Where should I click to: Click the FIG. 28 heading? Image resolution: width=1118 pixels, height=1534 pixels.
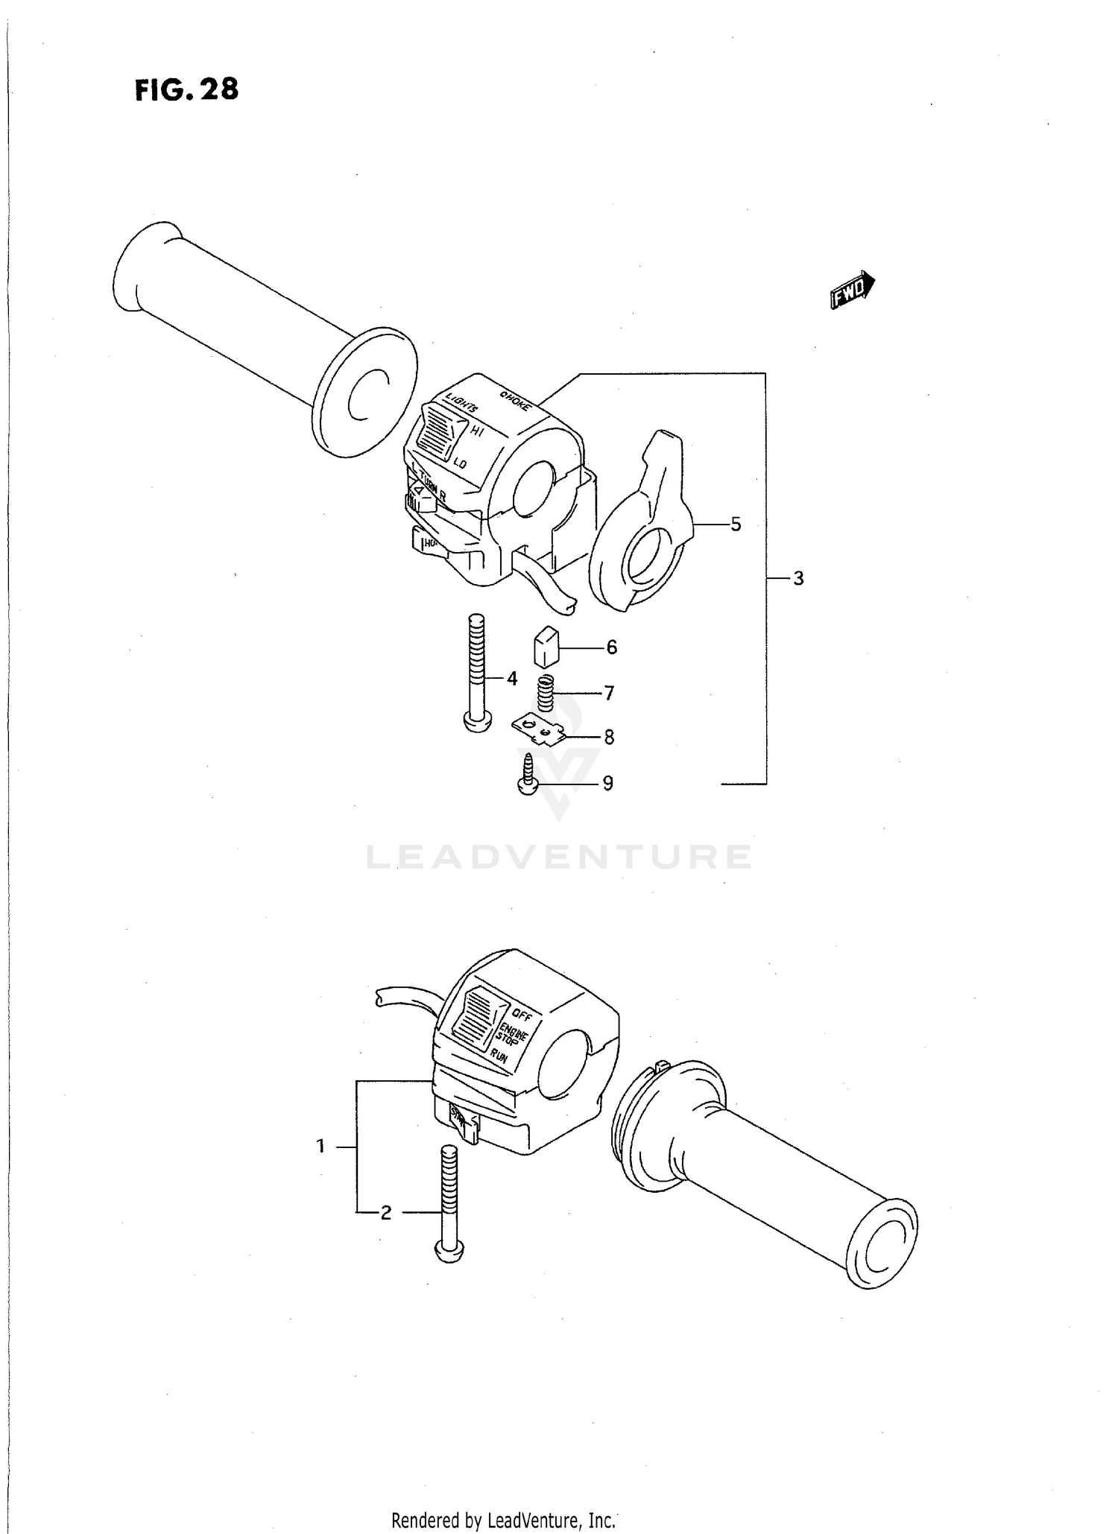pos(187,89)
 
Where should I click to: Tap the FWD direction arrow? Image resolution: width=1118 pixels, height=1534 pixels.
pos(852,289)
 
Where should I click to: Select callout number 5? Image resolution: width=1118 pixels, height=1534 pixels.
pos(736,524)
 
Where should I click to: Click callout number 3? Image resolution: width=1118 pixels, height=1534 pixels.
pos(798,578)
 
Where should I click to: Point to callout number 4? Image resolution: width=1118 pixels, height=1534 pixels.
pos(512,679)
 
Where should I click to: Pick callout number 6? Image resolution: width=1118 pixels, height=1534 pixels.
pos(611,647)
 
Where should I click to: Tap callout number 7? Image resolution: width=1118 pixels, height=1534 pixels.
pos(609,694)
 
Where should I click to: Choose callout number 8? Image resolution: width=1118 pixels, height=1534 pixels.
pos(609,738)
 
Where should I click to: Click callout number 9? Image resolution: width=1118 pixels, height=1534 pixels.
pos(607,783)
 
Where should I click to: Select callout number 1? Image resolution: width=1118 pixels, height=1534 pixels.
pos(320,1147)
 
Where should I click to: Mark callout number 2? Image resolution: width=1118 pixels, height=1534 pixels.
pos(385,1213)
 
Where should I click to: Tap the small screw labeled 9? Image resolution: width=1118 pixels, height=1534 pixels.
pos(528,776)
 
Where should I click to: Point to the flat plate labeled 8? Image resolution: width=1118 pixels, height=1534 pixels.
pos(538,728)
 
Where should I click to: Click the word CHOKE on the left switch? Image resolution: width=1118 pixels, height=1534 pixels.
pos(516,400)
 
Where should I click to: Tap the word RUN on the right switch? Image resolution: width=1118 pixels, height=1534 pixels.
pos(499,1056)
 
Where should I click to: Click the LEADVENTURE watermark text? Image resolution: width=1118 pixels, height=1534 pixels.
pos(559,858)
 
